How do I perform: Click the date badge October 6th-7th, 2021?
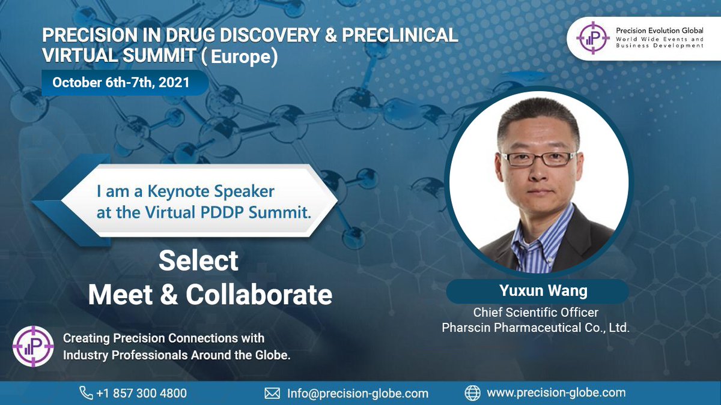(x=121, y=82)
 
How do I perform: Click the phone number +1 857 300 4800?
(x=141, y=394)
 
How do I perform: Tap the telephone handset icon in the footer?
(x=86, y=393)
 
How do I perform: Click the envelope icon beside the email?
(x=273, y=394)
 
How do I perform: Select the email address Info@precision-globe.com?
(x=357, y=394)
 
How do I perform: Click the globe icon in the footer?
(x=473, y=393)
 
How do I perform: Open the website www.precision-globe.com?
(x=556, y=393)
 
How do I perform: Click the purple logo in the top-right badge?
(x=592, y=38)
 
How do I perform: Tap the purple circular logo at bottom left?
(x=33, y=346)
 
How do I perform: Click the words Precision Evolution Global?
(x=660, y=30)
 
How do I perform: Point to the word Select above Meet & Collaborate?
(x=198, y=261)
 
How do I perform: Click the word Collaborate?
(x=259, y=295)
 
